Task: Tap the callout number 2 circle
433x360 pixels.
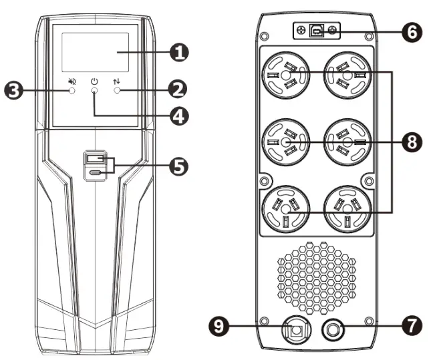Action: pos(178,88)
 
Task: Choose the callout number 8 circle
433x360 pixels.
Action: pos(412,142)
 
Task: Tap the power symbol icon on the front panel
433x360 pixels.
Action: pos(95,80)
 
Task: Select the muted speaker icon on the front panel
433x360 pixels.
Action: pos(71,80)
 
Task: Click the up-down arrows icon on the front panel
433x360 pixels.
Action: pos(118,80)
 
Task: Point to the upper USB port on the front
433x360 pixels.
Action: pos(94,160)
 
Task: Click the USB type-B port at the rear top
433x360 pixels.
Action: pos(319,31)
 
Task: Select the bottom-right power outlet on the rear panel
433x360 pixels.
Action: pos(346,208)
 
